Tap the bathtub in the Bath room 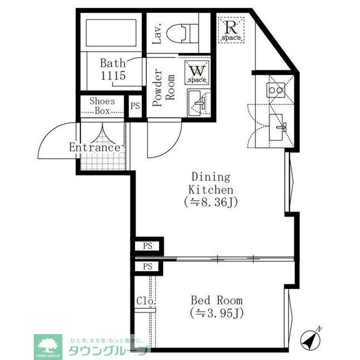coord(111,35)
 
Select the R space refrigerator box coord(231,29)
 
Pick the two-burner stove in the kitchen coord(276,89)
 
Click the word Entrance coord(94,147)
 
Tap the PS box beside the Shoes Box coord(135,106)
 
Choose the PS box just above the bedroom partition coord(147,246)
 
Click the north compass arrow coord(311,337)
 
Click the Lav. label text coord(157,34)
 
